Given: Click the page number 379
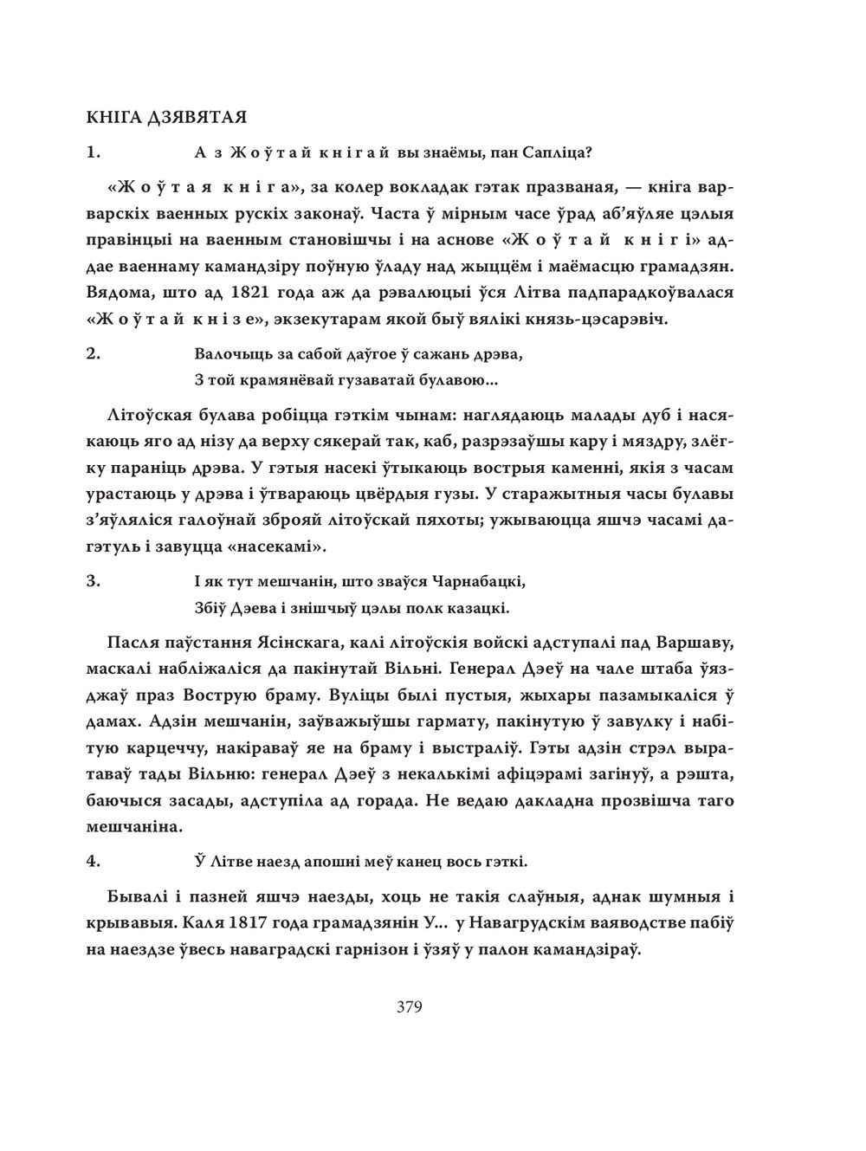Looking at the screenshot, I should [409, 1007].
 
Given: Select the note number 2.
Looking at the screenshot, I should [94, 354].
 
